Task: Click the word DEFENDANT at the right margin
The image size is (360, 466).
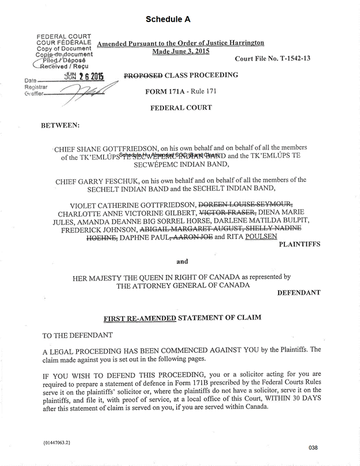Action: pyautogui.click(x=299, y=293)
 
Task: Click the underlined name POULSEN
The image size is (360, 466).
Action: pyautogui.click(x=262, y=236)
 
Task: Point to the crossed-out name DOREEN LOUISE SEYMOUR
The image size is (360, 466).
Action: pyautogui.click(x=246, y=203)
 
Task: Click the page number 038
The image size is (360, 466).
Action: pyautogui.click(x=314, y=447)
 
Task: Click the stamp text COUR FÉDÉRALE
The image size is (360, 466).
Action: pyautogui.click(x=63, y=43)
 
